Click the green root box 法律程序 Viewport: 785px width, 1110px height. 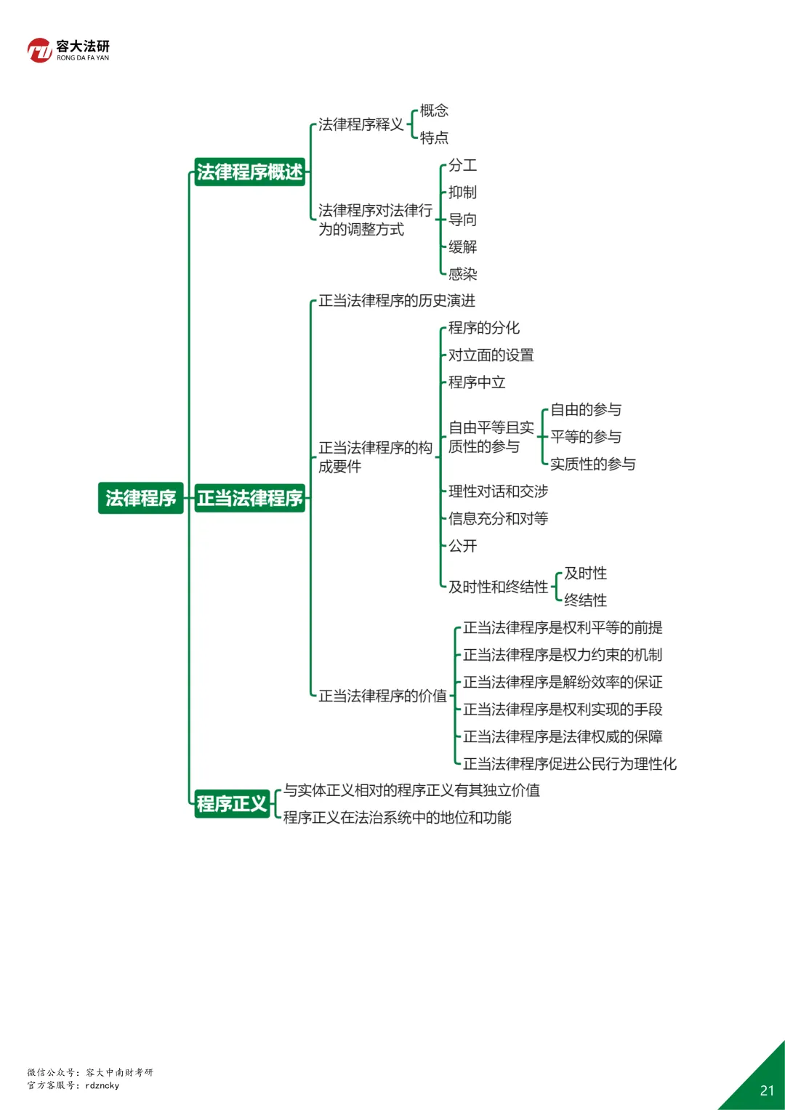click(140, 498)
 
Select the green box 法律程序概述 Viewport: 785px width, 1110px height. click(249, 172)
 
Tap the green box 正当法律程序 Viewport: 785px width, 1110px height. click(249, 498)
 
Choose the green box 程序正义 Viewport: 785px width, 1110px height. click(232, 804)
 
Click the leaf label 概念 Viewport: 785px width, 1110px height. click(434, 110)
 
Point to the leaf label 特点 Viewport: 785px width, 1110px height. click(434, 138)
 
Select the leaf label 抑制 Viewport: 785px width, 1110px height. click(462, 193)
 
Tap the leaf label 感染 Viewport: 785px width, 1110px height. click(462, 274)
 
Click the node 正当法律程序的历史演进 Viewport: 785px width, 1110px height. click(396, 301)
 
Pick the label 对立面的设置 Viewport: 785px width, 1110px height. click(491, 355)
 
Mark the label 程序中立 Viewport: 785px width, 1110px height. click(476, 382)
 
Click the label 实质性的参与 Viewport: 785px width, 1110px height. click(592, 464)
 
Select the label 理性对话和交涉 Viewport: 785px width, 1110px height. click(498, 491)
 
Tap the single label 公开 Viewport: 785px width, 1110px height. click(462, 546)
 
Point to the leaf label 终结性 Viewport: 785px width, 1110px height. click(585, 600)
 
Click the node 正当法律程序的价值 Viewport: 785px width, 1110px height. click(382, 696)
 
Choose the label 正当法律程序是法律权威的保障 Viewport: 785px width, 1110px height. click(563, 736)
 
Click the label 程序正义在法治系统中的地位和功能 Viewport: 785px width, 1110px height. click(397, 818)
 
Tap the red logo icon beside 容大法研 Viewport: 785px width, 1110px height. click(40, 50)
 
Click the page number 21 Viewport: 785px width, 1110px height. click(767, 1090)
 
